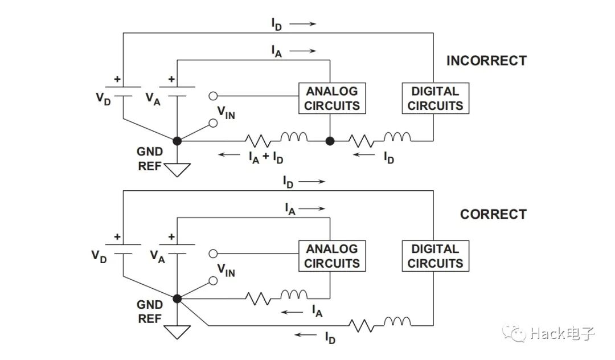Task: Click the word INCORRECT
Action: coord(486,60)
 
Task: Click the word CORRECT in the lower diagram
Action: coord(493,214)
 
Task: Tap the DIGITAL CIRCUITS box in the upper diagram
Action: coord(436,98)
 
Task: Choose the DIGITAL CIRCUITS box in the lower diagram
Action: coord(436,256)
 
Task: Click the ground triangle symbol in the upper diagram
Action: coord(177,169)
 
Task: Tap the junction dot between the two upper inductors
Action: coord(330,140)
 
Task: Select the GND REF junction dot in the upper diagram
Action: coord(177,140)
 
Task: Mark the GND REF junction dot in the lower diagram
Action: coord(177,298)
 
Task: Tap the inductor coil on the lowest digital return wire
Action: coord(397,322)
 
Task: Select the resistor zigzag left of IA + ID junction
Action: coord(258,139)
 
